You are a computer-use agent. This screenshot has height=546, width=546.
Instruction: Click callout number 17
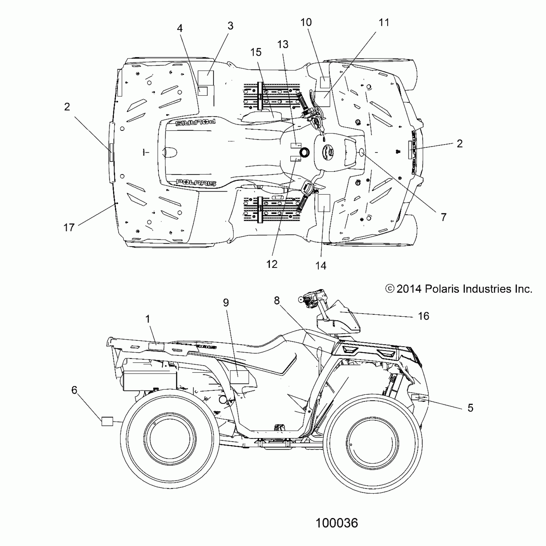(x=69, y=227)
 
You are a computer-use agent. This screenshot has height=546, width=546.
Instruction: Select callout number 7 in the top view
(x=444, y=217)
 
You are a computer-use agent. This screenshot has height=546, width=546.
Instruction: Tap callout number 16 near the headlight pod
(x=424, y=316)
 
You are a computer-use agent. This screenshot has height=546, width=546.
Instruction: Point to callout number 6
(x=74, y=390)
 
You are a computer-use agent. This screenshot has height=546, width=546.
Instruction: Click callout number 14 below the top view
(x=321, y=266)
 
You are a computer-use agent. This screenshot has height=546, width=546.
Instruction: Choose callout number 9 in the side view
(x=226, y=302)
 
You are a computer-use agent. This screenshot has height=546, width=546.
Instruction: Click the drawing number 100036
(x=337, y=523)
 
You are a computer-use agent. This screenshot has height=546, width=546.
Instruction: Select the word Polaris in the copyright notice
(x=442, y=289)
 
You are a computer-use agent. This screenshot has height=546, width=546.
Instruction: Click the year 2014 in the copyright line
(x=409, y=289)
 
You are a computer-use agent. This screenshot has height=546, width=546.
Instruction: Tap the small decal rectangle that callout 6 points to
(x=107, y=421)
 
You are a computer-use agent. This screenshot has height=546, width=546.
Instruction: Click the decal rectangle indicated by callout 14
(x=324, y=203)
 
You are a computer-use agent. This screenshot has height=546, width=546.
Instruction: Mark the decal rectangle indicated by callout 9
(x=240, y=376)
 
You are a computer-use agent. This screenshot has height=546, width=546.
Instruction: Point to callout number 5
(x=470, y=408)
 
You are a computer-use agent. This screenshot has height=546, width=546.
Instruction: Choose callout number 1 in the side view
(x=148, y=319)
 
